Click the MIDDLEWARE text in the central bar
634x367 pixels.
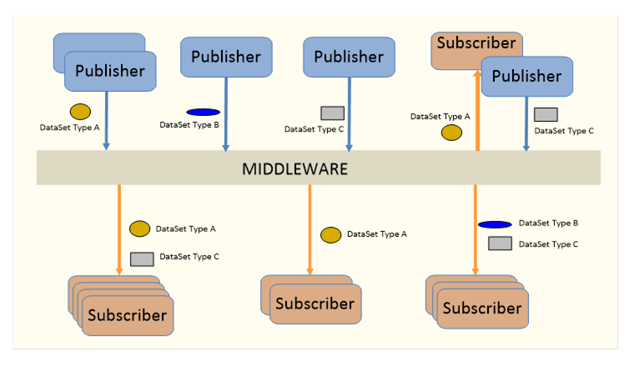pos(294,169)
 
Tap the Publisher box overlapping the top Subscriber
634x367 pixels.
pos(527,77)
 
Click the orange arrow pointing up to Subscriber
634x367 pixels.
pos(477,111)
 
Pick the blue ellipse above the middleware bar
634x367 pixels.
pos(203,112)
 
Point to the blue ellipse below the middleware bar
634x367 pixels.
pos(495,224)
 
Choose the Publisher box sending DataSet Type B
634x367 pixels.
pos(226,57)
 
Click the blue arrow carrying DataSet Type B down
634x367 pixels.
pos(226,114)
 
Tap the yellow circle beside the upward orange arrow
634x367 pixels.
pos(451,133)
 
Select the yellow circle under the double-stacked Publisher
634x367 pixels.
pos(80,112)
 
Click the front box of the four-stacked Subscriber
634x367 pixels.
pos(128,315)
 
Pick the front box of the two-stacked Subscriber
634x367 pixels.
pos(315,304)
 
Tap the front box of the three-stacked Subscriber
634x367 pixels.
pos(483,309)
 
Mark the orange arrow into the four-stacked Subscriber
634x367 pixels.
pos(119,230)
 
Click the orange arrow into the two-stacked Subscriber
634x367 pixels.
pos(310,230)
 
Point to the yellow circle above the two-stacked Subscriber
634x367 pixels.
pos(330,235)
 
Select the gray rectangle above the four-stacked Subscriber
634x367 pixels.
pos(142,259)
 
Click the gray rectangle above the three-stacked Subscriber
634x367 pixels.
pos(501,244)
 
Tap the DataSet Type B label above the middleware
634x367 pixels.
pos(189,125)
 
